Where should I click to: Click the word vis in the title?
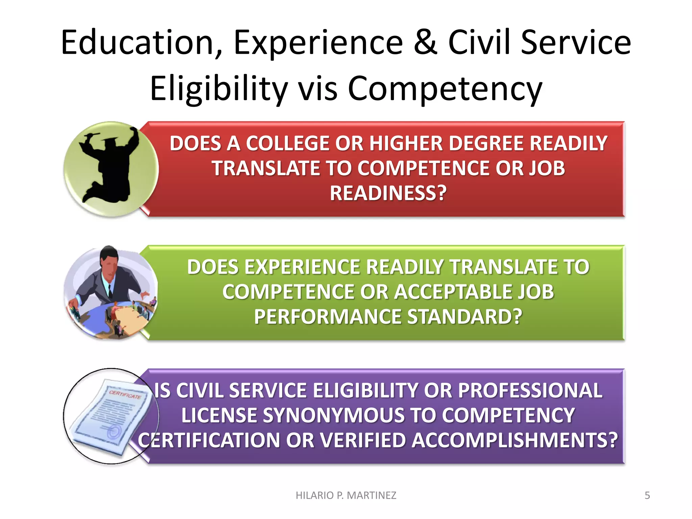(318, 89)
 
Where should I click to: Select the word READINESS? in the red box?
(388, 193)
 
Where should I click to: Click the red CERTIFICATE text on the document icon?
(125, 394)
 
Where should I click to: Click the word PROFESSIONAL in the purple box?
(530, 391)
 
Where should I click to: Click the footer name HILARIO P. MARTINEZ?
(346, 495)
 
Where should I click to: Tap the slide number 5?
(647, 495)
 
